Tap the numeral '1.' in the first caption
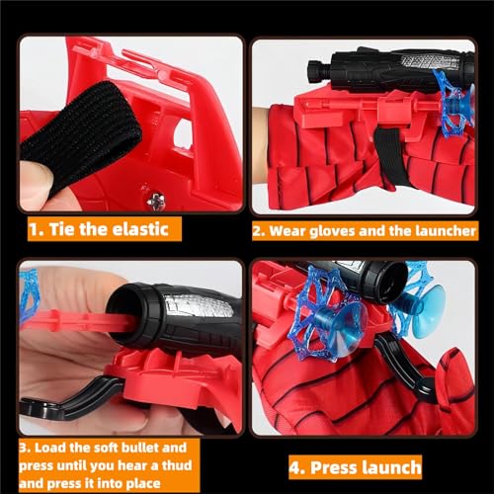(x=36, y=229)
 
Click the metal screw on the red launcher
(x=156, y=200)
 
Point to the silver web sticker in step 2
(x=428, y=61)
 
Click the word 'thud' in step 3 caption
(x=177, y=465)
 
